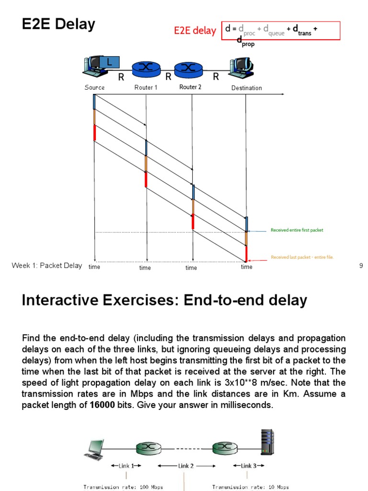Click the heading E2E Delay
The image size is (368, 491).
[x=58, y=24]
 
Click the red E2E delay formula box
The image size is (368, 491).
[x=280, y=31]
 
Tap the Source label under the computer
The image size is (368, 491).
[x=94, y=88]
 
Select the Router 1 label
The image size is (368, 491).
[x=146, y=88]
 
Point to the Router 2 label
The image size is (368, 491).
[x=190, y=87]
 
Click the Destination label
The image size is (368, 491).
[x=246, y=88]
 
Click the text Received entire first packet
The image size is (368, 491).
[x=297, y=231]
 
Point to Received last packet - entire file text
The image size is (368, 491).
[x=302, y=257]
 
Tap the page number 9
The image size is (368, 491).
[x=361, y=266]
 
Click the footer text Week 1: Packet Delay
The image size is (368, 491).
[x=47, y=266]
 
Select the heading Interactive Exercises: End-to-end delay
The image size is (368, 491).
[x=164, y=301]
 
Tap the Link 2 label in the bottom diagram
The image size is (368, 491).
[x=185, y=466]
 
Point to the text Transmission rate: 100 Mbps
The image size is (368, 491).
[x=123, y=487]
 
